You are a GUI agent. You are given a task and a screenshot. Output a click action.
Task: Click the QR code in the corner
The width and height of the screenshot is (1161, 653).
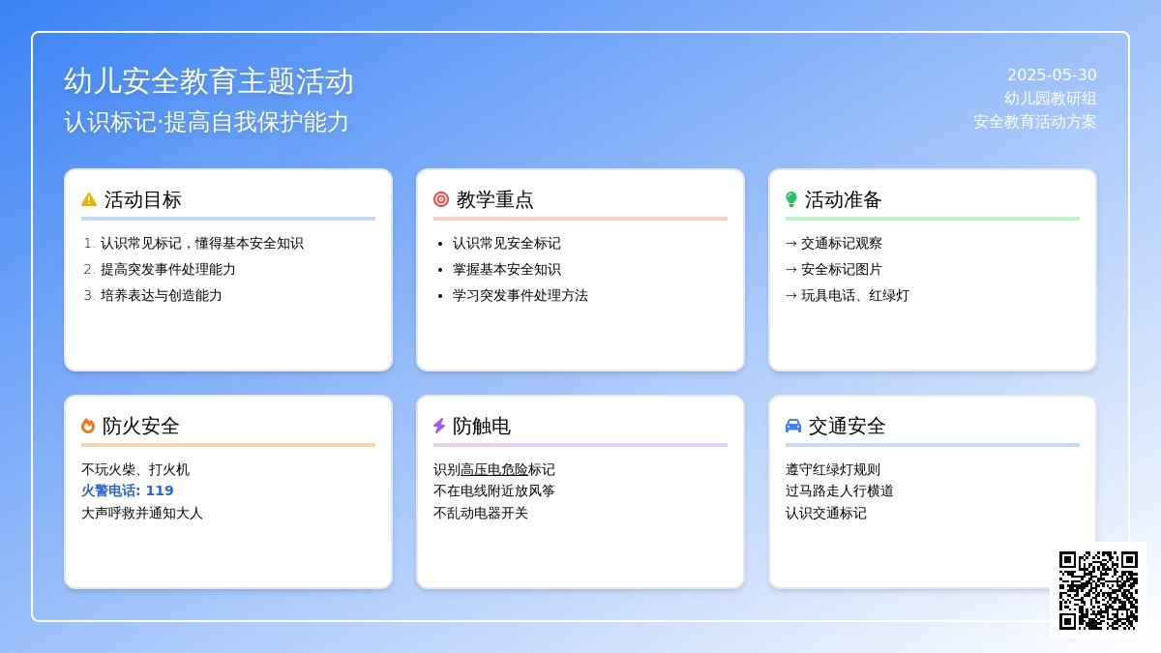[1098, 590]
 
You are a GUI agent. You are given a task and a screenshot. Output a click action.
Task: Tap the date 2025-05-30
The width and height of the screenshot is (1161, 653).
[1052, 75]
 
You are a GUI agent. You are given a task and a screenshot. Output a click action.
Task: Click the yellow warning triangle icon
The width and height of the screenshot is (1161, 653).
[89, 199]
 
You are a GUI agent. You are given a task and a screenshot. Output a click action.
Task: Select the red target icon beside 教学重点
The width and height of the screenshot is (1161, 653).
[441, 199]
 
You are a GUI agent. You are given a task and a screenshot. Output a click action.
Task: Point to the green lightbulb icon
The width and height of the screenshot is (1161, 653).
[791, 199]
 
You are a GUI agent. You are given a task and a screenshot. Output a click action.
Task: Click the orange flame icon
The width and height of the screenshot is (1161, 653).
[88, 426]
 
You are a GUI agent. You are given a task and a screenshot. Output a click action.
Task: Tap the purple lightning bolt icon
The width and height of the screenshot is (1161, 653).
[439, 426]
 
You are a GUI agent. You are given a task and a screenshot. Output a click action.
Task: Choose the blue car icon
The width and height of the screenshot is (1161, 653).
[793, 426]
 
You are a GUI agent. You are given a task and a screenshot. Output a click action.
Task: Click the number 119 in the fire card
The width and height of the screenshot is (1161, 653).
[160, 490]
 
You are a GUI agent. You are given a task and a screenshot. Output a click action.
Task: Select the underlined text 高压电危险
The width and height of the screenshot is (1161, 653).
[494, 469]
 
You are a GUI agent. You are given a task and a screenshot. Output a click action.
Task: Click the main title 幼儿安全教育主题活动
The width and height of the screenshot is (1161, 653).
[208, 81]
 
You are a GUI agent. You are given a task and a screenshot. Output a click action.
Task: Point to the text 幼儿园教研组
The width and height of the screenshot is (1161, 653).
[1050, 98]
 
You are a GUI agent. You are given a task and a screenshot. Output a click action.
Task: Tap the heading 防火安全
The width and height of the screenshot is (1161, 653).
[140, 426]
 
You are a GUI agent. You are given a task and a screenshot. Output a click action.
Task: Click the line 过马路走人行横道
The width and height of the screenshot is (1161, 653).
[840, 490]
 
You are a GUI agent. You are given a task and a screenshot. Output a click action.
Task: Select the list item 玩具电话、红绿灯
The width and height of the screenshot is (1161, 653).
[855, 295]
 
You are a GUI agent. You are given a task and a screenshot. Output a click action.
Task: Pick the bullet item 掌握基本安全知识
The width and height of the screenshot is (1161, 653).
[506, 270]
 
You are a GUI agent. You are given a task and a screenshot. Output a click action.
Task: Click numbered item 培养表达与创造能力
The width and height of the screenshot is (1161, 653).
[162, 295]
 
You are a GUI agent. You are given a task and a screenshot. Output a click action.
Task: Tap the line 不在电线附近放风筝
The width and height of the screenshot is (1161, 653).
[494, 490]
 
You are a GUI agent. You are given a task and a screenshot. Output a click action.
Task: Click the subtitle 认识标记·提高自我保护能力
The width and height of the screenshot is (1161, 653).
[206, 122]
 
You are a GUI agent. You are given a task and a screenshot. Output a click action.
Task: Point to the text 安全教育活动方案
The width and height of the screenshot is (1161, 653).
[1035, 122]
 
